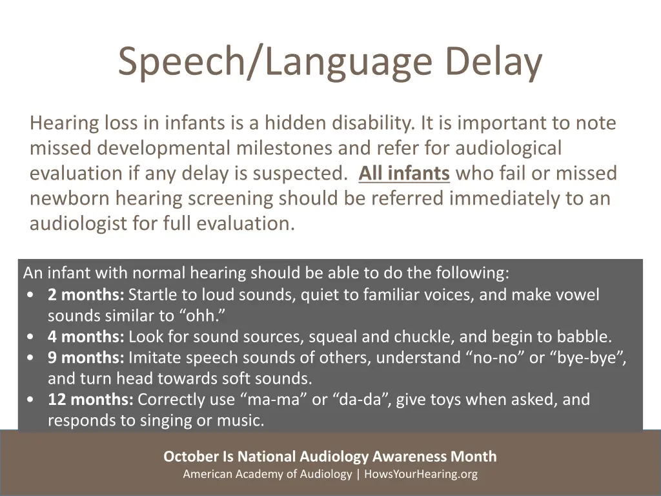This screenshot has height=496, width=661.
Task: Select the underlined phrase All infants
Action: [404, 173]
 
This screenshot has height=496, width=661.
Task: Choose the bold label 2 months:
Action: [85, 295]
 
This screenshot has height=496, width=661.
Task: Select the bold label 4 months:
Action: [85, 336]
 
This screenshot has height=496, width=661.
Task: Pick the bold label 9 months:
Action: [85, 357]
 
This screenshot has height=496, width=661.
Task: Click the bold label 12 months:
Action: [90, 400]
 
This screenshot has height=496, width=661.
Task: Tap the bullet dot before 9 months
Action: [31, 358]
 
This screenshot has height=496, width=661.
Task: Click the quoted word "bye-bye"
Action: [588, 357]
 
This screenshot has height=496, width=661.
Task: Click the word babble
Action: [587, 336]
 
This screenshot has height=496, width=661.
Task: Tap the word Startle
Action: [152, 295]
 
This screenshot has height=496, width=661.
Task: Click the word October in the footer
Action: [191, 457]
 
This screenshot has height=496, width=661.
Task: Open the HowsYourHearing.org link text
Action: [421, 475]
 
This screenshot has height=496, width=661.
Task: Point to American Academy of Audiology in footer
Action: [267, 475]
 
